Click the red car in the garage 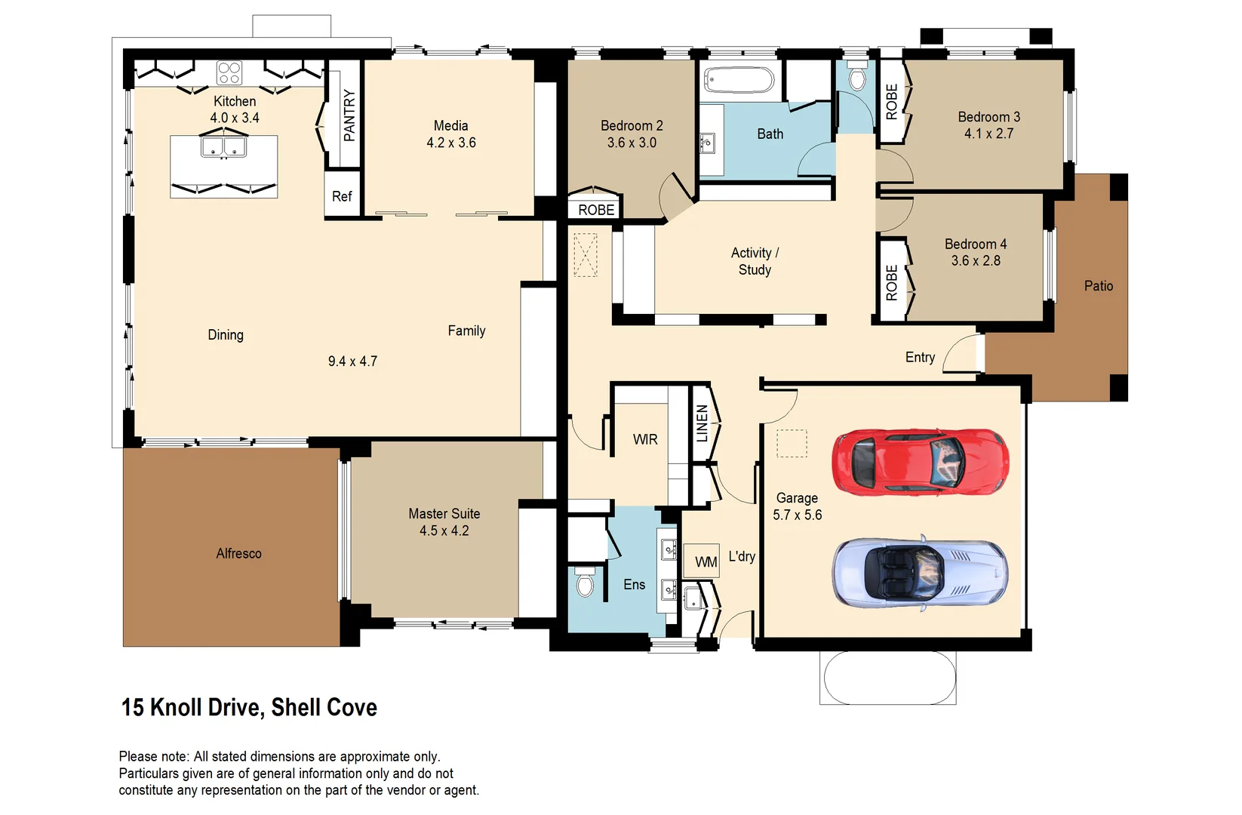(x=920, y=461)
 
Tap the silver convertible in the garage (x=920, y=573)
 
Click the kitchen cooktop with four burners (x=229, y=73)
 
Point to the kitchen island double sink (x=224, y=146)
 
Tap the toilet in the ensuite (x=586, y=582)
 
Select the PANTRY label (x=349, y=115)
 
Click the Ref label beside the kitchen (x=342, y=196)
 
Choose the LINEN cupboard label (x=702, y=423)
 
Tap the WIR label (x=645, y=439)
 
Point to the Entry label (x=920, y=357)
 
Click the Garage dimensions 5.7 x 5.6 (x=797, y=515)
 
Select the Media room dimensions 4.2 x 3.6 (x=450, y=143)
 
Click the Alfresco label (x=238, y=553)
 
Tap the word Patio (x=1098, y=286)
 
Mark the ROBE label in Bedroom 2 (x=596, y=210)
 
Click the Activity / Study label (x=755, y=261)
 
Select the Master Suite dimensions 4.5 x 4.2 (x=444, y=531)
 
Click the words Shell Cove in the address (x=324, y=707)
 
